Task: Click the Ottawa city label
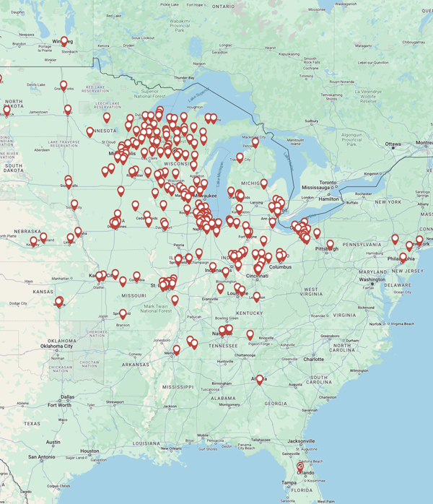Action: click(x=392, y=144)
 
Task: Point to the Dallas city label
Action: click(x=67, y=396)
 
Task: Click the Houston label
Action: click(x=89, y=451)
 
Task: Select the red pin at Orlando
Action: click(x=300, y=467)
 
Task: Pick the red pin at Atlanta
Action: click(x=260, y=378)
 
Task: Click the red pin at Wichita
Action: click(x=59, y=301)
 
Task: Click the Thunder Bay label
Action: click(x=184, y=77)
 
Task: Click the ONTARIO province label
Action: click(x=223, y=6)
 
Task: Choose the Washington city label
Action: click(x=372, y=279)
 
